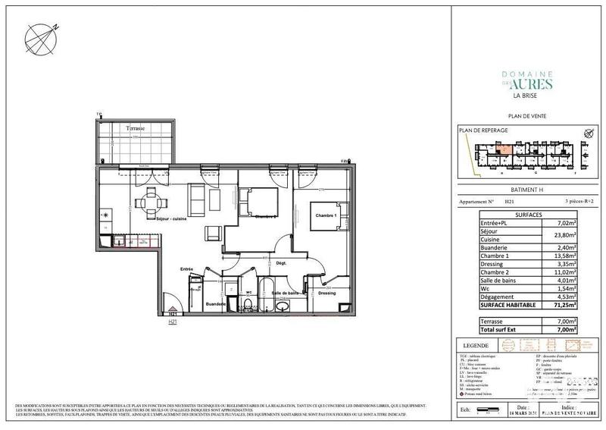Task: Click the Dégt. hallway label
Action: click(x=280, y=262)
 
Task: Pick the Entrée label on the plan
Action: click(x=186, y=269)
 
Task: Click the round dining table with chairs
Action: click(x=146, y=202)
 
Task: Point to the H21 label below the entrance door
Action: click(x=173, y=321)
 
